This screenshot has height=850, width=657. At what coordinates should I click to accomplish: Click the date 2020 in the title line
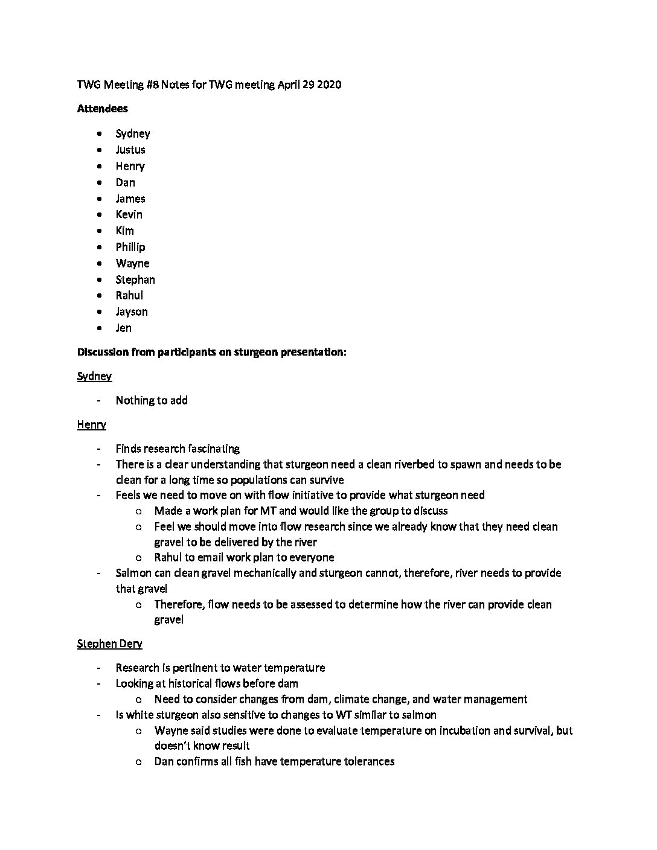pyautogui.click(x=329, y=85)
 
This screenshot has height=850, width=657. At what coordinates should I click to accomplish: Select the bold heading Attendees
pyautogui.click(x=103, y=109)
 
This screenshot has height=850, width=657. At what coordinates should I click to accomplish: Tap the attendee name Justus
pyautogui.click(x=130, y=150)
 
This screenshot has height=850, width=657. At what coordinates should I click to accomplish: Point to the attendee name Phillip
pyautogui.click(x=130, y=247)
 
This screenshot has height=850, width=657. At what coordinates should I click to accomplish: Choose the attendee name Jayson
pyautogui.click(x=132, y=312)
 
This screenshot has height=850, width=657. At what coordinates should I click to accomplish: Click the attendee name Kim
pyautogui.click(x=125, y=231)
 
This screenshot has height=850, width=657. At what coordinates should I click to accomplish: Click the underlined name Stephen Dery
pyautogui.click(x=110, y=644)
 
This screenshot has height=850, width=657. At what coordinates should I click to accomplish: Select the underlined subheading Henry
pyautogui.click(x=92, y=424)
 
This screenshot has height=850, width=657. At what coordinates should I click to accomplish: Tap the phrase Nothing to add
pyautogui.click(x=152, y=400)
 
